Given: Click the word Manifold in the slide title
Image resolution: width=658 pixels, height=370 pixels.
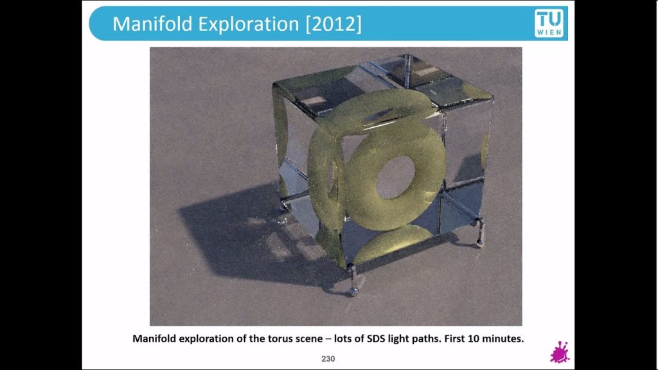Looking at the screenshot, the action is pos(153,24).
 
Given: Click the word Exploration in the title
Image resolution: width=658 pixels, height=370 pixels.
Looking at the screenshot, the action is pos(249,24).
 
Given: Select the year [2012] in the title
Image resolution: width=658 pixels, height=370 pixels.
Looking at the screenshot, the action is pos(333,24).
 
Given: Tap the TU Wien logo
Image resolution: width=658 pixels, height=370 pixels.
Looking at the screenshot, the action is pos(549,23).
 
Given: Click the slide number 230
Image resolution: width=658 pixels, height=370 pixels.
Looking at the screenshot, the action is pos(328,358).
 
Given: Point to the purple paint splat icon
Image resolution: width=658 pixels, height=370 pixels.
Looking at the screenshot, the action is pos(560,353).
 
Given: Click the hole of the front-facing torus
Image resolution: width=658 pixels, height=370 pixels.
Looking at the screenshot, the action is pos(395,177).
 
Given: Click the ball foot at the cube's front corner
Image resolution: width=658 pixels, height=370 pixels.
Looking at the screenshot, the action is pos(354,292).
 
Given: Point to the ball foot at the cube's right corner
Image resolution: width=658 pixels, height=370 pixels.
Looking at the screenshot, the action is pos(479,243).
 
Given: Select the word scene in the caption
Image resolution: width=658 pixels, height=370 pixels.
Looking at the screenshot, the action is pos(309,339).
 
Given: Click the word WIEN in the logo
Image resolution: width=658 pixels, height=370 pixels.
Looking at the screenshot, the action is pos(549,32).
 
